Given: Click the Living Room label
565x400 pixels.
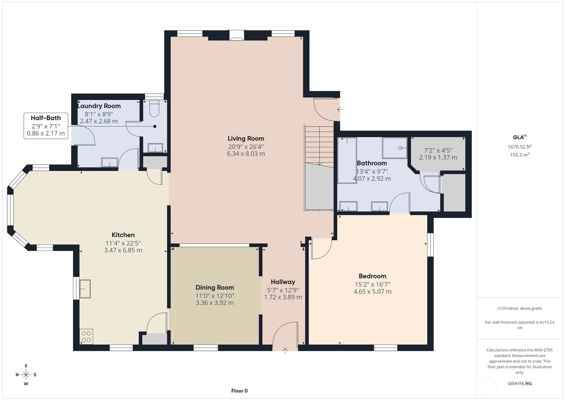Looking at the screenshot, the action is pos(246,138).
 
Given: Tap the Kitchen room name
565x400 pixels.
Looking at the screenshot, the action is pos(123,235).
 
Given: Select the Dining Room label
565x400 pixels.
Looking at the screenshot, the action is pos(215,287).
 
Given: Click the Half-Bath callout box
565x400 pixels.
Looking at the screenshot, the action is pos(46,126).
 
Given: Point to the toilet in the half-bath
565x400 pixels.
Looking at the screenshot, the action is pos(154,109).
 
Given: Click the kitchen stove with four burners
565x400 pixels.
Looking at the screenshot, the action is pos(86,336).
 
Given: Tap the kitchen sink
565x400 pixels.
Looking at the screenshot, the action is pos(85,289).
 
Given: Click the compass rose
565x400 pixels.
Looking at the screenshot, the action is pos(26,375).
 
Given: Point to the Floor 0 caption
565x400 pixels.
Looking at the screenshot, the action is pos(239,391).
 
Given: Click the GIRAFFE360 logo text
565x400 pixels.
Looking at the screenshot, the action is pos(520,383).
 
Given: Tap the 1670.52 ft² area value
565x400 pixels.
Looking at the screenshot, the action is pos(520,147).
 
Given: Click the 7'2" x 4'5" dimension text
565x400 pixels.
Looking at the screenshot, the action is pos(438,150).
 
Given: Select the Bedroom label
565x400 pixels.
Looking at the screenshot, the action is pos(373,276).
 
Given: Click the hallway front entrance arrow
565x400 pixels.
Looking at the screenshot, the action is pos(285,351).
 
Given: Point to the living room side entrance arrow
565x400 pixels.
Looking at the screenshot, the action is pos(340,110).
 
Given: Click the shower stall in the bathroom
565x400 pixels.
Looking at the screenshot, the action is pos(395,148).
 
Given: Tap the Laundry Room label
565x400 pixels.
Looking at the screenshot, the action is pos(99,106).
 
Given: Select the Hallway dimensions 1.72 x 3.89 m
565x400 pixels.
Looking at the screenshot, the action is pos(283,297).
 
